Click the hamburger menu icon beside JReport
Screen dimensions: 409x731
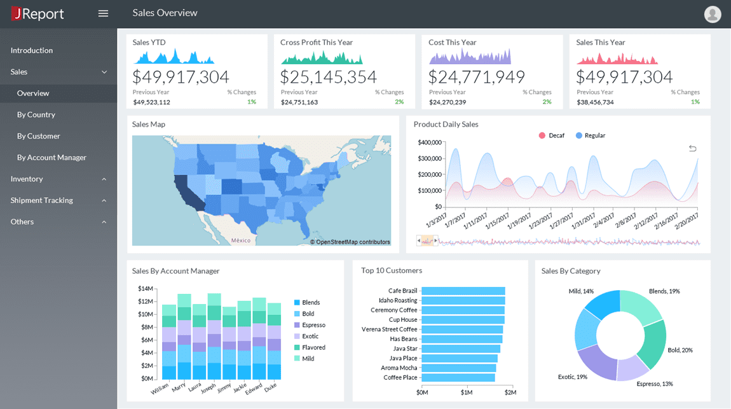point(103,13)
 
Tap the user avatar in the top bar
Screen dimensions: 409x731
point(713,13)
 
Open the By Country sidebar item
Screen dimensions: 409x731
point(36,114)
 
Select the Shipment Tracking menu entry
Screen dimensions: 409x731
point(42,200)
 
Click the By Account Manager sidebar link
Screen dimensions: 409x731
point(51,158)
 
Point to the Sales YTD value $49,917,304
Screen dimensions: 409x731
point(181,77)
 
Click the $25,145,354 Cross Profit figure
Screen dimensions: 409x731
point(329,77)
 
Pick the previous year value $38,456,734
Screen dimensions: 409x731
point(595,102)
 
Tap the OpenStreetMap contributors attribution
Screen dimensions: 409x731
point(350,242)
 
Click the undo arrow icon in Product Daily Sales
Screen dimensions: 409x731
point(692,148)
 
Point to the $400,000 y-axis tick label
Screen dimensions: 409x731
point(429,142)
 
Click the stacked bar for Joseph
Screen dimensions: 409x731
point(214,337)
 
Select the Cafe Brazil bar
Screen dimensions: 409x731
point(463,291)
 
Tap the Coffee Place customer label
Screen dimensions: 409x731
point(400,378)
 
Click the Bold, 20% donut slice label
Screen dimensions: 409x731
point(680,350)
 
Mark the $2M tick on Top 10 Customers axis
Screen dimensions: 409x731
point(510,392)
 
